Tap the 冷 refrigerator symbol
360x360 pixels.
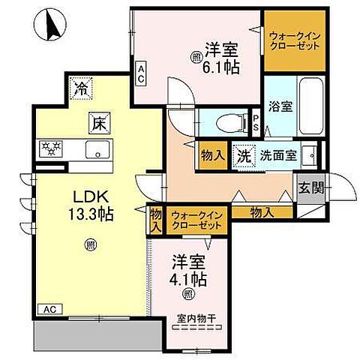point(80,88)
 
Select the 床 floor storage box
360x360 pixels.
point(97,121)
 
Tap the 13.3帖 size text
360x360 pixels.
point(87,214)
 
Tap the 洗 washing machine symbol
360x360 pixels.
point(244,156)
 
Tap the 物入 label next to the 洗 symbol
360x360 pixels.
point(212,156)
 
